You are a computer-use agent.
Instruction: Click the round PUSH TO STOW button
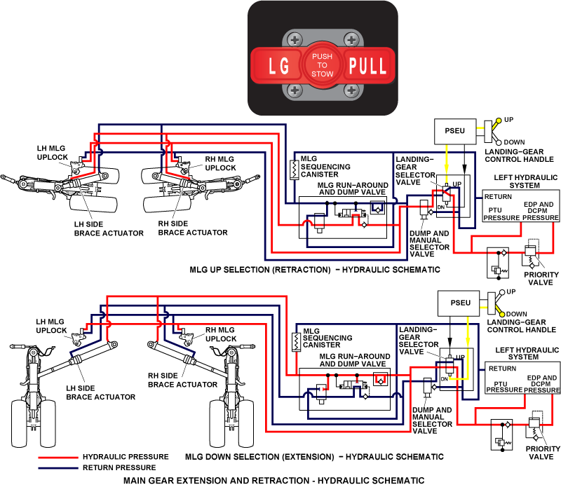click(x=323, y=64)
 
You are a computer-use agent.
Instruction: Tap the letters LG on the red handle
click(x=279, y=67)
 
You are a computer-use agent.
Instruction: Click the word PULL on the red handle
click(x=367, y=67)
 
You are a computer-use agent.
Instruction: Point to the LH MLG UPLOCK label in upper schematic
click(x=53, y=153)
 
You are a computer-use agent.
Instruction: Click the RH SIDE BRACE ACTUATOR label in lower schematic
click(x=182, y=380)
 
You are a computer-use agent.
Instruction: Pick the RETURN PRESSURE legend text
click(x=119, y=467)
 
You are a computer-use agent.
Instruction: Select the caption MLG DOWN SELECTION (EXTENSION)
click(x=314, y=457)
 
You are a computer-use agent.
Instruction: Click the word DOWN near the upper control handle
click(x=514, y=142)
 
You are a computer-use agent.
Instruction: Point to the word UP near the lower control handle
click(x=511, y=291)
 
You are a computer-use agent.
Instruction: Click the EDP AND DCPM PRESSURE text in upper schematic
click(x=539, y=212)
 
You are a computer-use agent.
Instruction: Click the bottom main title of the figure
click(x=273, y=481)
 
